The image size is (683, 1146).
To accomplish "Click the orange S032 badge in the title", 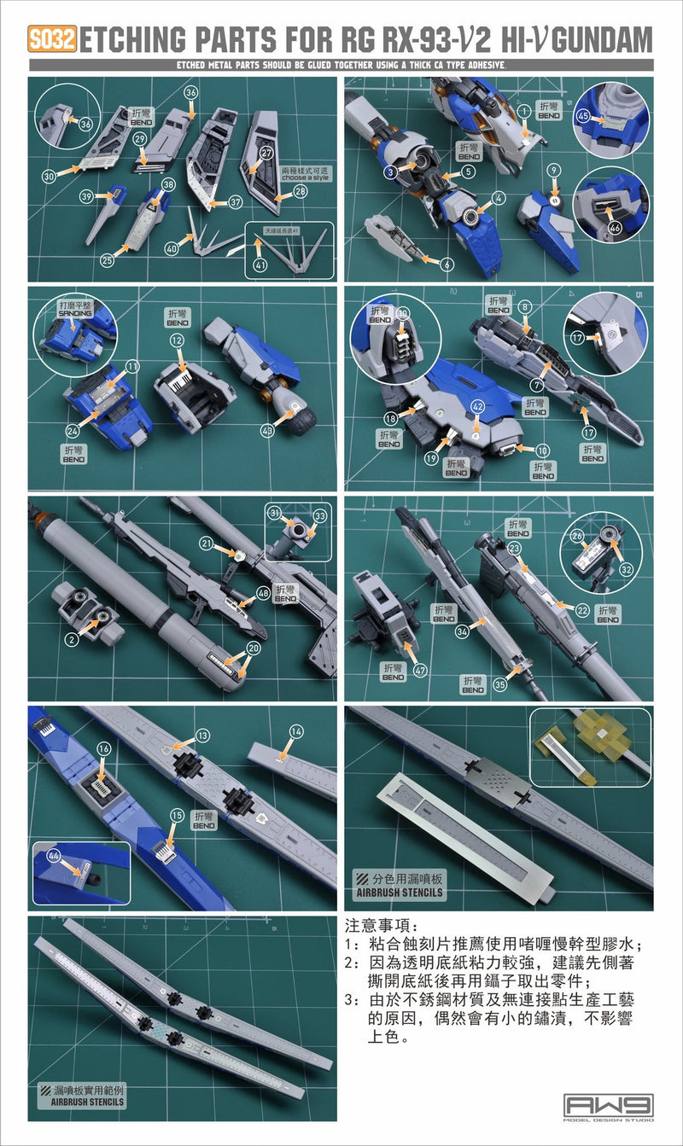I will [x=53, y=39].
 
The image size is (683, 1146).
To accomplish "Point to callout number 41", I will [x=261, y=265].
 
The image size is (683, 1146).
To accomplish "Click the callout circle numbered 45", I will [x=584, y=117].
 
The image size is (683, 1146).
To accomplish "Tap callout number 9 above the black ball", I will [x=555, y=168].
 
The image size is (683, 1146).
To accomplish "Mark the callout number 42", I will [x=478, y=407].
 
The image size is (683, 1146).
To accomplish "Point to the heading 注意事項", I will [x=379, y=925].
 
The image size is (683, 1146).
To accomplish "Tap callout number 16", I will [x=104, y=748].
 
